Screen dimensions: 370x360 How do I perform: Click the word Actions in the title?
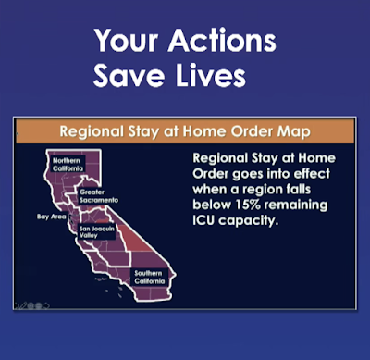tap(222, 41)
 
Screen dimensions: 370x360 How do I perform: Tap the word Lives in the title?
tap(211, 76)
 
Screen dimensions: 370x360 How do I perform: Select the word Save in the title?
tap(129, 76)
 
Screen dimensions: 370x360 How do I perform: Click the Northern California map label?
tap(68, 165)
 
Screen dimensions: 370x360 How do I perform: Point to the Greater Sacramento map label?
tap(99, 196)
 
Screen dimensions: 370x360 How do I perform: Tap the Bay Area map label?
tap(52, 217)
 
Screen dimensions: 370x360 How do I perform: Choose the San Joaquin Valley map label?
tap(97, 231)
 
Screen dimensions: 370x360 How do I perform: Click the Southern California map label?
tap(150, 277)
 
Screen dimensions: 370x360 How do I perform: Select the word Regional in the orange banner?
tap(92, 131)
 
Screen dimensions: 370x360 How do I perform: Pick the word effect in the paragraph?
tap(312, 173)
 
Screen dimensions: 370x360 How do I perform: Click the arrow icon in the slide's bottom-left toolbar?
tap(46, 305)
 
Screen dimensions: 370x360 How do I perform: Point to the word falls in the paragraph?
tap(297, 189)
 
